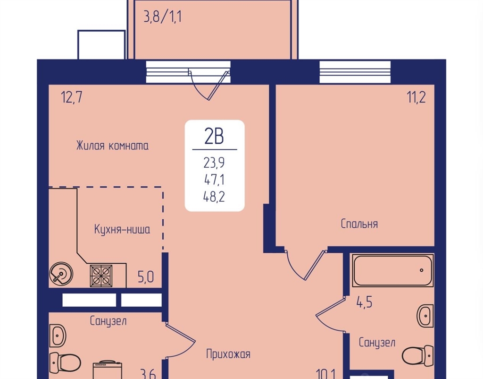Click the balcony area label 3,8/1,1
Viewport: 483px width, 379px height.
[162, 17]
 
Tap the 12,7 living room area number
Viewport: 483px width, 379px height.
[72, 97]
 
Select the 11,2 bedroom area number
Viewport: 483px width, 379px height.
[416, 97]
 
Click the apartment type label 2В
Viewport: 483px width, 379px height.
[214, 136]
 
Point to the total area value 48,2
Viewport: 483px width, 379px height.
[214, 196]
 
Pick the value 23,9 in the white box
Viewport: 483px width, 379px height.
[214, 163]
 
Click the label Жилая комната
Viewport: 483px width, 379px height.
[112, 146]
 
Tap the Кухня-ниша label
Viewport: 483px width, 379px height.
[122, 229]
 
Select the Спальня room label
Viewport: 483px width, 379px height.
[359, 224]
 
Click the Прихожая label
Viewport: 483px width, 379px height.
[228, 354]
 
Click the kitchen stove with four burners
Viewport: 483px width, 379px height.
[101, 276]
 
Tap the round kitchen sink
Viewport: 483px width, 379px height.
[61, 274]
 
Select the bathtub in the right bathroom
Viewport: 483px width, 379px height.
[393, 270]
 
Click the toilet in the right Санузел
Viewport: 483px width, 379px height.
[418, 355]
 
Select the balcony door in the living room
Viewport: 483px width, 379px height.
[209, 86]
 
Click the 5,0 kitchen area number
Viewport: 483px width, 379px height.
[146, 277]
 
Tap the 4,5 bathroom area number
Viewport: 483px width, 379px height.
[365, 302]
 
